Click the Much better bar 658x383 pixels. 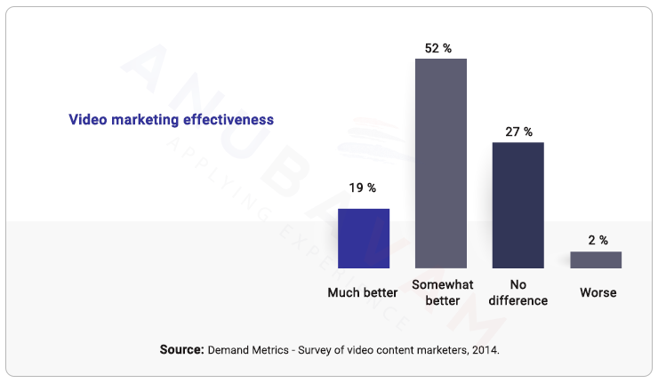(363, 238)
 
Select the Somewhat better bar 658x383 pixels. (440, 164)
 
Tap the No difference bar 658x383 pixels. (518, 204)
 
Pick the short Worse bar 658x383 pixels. (595, 259)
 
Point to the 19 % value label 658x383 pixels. (363, 188)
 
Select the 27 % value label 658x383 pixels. (518, 132)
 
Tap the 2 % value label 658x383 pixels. (597, 240)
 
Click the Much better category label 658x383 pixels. (362, 292)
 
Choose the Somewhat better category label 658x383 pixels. (442, 292)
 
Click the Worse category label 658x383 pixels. (598, 292)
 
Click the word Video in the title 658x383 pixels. (86, 119)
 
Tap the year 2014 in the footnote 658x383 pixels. (485, 350)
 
